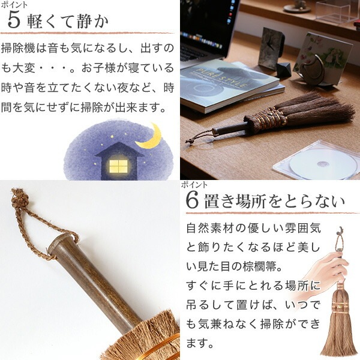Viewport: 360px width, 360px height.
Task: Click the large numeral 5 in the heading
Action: click(14, 20)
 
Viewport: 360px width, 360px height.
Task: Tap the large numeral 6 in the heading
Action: click(192, 201)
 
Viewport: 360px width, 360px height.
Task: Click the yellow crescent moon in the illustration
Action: click(150, 137)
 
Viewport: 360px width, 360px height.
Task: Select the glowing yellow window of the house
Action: click(118, 166)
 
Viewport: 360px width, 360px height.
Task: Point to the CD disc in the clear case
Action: click(320, 164)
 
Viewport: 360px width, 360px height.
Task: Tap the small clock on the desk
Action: click(271, 49)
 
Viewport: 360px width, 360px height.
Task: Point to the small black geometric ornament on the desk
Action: click(284, 70)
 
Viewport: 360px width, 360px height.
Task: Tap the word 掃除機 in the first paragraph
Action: click(18, 49)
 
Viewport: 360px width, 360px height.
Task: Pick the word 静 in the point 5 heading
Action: click(81, 21)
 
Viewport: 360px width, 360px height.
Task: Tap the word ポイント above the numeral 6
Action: click(194, 185)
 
